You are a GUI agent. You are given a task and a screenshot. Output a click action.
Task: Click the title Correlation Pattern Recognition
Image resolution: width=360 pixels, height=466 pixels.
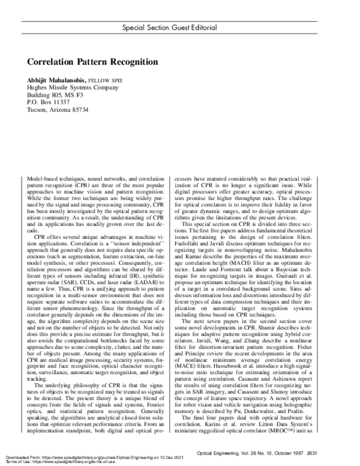[92, 61]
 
